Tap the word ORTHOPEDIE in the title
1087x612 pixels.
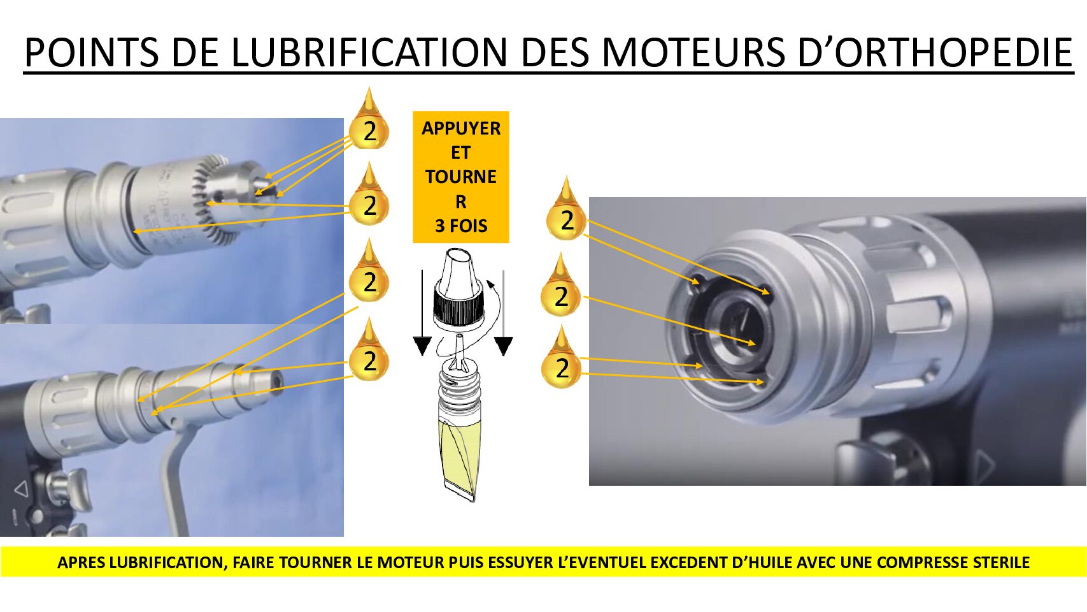tap(953, 52)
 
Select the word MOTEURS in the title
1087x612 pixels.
tap(693, 52)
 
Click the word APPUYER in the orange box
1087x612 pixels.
tap(460, 128)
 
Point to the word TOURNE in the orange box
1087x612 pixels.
tap(460, 177)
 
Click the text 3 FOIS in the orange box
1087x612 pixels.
tap(460, 226)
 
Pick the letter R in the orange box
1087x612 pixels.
tap(460, 201)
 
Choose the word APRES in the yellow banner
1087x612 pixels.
tap(81, 562)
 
